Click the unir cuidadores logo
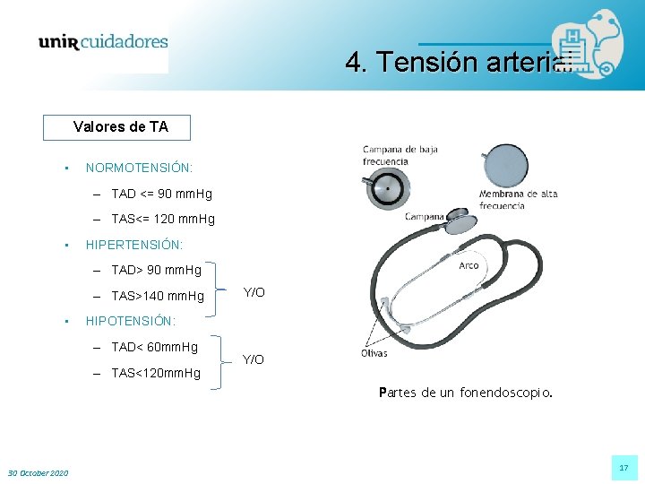click(103, 42)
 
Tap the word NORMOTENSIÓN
click(139, 168)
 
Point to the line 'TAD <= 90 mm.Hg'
click(161, 194)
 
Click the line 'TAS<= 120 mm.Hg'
click(163, 219)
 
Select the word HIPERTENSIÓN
click(133, 244)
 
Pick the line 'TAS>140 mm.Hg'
click(158, 296)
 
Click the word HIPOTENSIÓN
click(131, 321)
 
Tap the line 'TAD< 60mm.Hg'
click(154, 347)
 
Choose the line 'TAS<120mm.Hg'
click(156, 373)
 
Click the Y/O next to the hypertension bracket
click(254, 293)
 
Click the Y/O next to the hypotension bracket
click(254, 359)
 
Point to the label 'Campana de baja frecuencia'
click(400, 155)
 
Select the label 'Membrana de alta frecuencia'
click(518, 199)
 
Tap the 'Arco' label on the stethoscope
click(469, 265)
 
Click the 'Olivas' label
click(374, 353)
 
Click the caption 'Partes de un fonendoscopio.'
click(466, 393)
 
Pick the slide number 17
click(623, 467)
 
